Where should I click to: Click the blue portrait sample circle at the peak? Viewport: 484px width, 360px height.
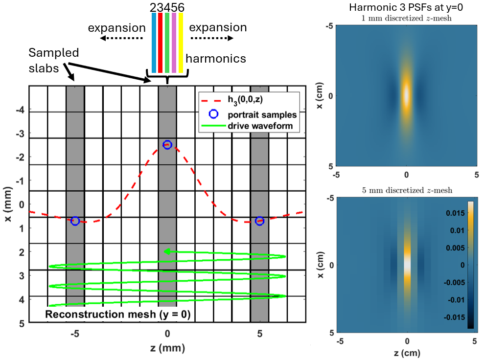click(167, 145)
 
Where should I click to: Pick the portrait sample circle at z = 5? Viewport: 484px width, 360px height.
click(260, 221)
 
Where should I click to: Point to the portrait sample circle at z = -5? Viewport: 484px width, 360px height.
click(75, 221)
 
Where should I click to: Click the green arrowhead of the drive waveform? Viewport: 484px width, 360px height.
click(167, 251)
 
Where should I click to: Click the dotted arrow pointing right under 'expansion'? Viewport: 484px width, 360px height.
click(212, 38)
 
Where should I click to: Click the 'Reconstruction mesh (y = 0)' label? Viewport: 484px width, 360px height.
click(118, 314)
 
